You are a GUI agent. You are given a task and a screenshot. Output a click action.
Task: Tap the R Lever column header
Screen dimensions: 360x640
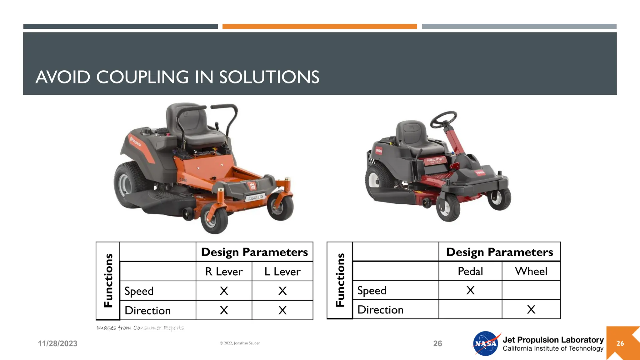[224, 272]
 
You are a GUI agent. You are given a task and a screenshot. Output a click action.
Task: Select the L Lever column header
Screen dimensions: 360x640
[282, 272]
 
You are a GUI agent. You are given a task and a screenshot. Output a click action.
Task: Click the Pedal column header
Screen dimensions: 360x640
[470, 271]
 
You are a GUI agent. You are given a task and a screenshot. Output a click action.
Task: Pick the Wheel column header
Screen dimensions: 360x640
[531, 271]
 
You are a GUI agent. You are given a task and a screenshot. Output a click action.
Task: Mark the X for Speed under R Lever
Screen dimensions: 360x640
[224, 291]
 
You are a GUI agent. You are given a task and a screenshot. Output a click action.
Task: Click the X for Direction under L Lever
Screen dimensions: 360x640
[282, 310]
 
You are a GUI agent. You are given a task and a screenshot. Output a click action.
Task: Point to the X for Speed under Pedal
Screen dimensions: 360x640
[470, 290]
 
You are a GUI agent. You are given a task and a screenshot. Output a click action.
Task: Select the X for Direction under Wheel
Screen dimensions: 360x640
[531, 310]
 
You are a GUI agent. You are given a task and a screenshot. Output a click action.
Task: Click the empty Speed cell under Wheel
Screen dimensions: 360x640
[531, 290]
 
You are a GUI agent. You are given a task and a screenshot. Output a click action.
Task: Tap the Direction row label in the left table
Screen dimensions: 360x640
[148, 311]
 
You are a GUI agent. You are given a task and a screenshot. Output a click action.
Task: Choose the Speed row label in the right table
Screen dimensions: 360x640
[372, 291]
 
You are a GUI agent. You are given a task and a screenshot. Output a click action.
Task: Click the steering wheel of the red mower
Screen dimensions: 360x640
[444, 119]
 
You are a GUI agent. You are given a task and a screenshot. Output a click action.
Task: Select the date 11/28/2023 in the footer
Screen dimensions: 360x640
[58, 344]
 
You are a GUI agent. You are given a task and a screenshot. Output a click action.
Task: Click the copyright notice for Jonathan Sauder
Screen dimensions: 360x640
[240, 343]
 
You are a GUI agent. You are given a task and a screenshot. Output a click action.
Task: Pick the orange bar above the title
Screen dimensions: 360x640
[319, 27]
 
